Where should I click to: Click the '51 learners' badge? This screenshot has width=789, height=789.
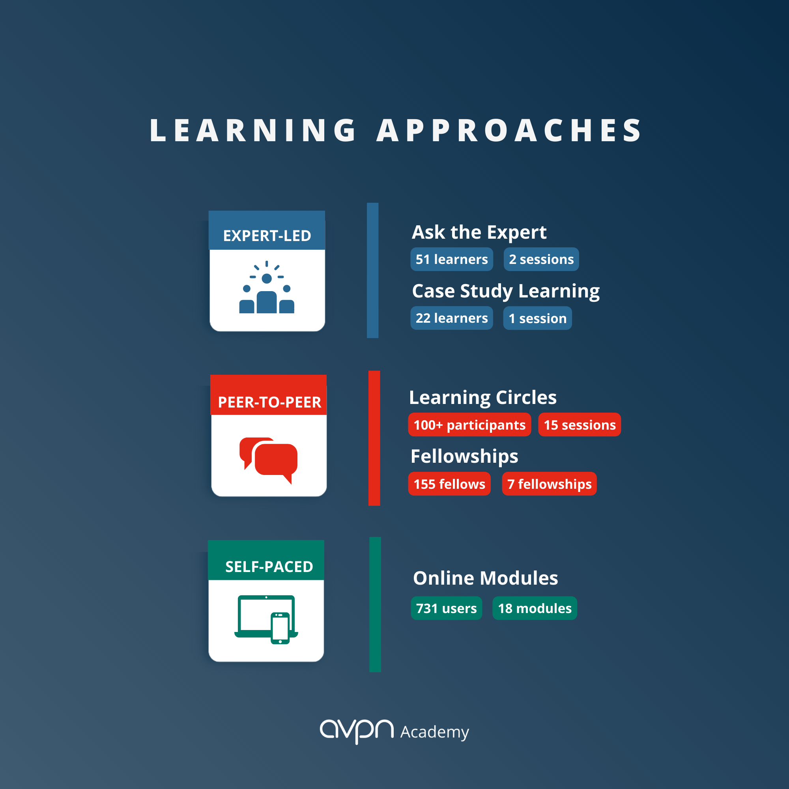tap(451, 259)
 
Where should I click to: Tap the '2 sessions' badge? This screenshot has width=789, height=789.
tap(541, 259)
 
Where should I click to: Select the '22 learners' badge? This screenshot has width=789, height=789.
tap(451, 318)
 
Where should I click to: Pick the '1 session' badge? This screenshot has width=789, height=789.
tap(537, 318)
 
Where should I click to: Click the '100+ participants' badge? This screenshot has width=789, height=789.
tap(469, 425)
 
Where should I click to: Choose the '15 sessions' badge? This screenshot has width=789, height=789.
tap(580, 425)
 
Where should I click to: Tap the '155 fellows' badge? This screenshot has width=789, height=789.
tap(449, 484)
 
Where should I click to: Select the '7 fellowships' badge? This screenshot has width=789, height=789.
tap(549, 484)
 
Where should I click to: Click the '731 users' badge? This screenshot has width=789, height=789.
tap(446, 608)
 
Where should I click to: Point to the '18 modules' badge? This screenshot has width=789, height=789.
tap(535, 608)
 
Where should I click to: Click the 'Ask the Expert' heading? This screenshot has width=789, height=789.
tap(479, 232)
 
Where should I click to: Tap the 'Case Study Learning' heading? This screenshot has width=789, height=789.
tap(506, 291)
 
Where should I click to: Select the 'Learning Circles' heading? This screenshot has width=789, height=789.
tap(483, 397)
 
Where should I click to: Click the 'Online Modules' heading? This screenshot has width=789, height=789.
tap(485, 578)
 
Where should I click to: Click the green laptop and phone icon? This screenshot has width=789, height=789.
tap(266, 619)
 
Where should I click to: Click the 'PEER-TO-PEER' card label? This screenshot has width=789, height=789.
tap(269, 402)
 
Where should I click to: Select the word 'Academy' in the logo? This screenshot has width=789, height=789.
tap(434, 732)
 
